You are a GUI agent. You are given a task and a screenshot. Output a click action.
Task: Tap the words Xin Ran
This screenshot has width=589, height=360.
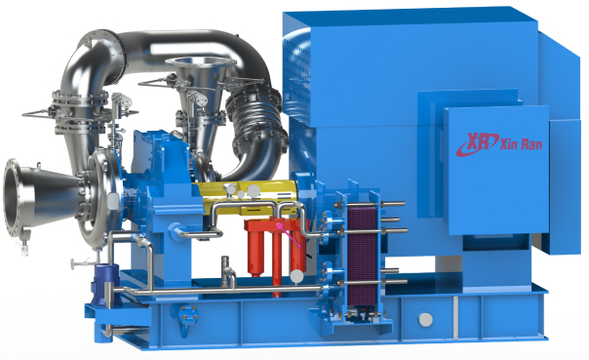[522, 143]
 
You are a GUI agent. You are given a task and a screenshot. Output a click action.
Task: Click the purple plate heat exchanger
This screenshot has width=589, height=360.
[362, 256]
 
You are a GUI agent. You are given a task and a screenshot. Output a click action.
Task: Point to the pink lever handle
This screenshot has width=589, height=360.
[290, 235]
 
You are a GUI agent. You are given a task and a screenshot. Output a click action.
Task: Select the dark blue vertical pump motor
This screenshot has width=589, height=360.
[106, 286]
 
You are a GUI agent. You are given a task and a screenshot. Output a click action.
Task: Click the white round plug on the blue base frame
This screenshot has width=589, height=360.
[425, 320]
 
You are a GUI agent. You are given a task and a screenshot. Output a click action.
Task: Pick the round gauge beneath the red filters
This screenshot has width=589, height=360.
[296, 276]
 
